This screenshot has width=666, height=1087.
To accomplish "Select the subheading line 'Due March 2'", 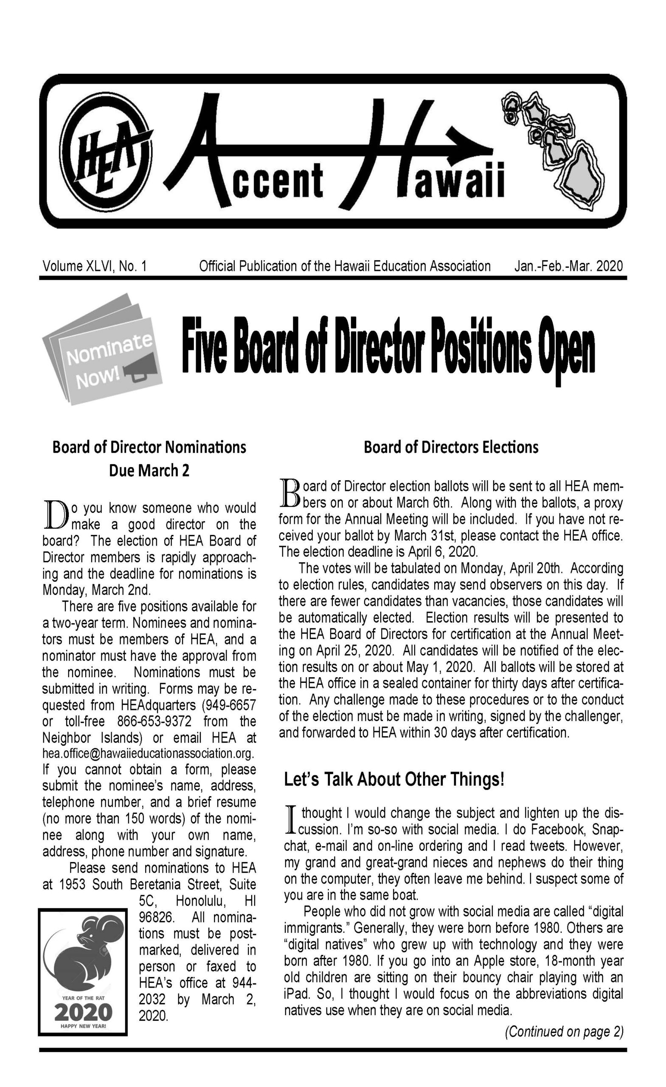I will tap(149, 471).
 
